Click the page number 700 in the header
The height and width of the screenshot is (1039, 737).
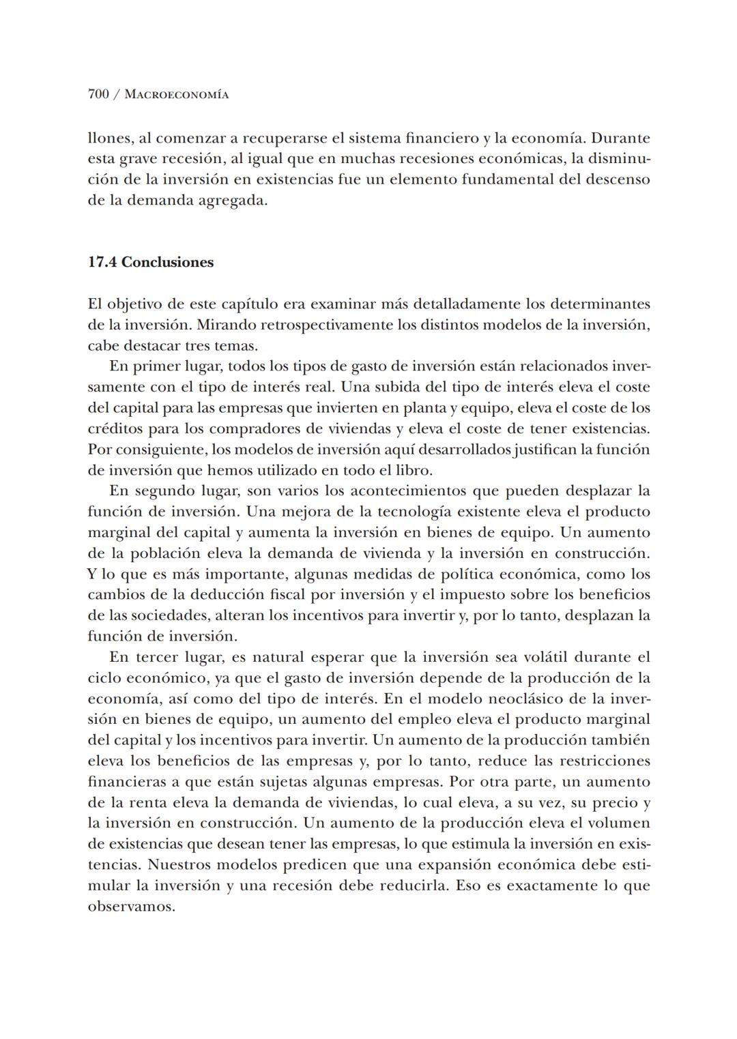coord(98,95)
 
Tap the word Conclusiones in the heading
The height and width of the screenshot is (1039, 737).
coord(167,263)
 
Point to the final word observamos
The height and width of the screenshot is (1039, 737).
coord(132,907)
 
